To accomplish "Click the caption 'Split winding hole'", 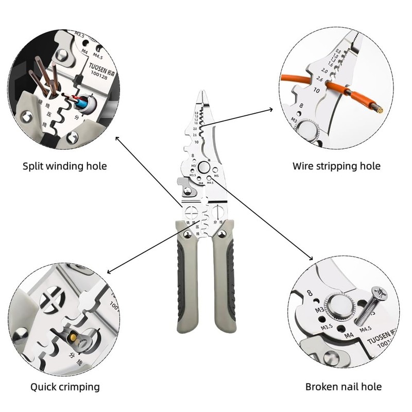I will point(65,166).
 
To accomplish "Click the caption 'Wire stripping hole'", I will point(336,166).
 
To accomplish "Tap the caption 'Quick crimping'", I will point(65,386).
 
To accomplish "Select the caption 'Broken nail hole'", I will point(344,386).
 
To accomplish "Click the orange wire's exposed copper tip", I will point(380,109).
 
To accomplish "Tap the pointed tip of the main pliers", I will point(201,93).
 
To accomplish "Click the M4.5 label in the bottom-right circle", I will point(365,329).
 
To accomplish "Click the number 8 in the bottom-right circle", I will point(310,293).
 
